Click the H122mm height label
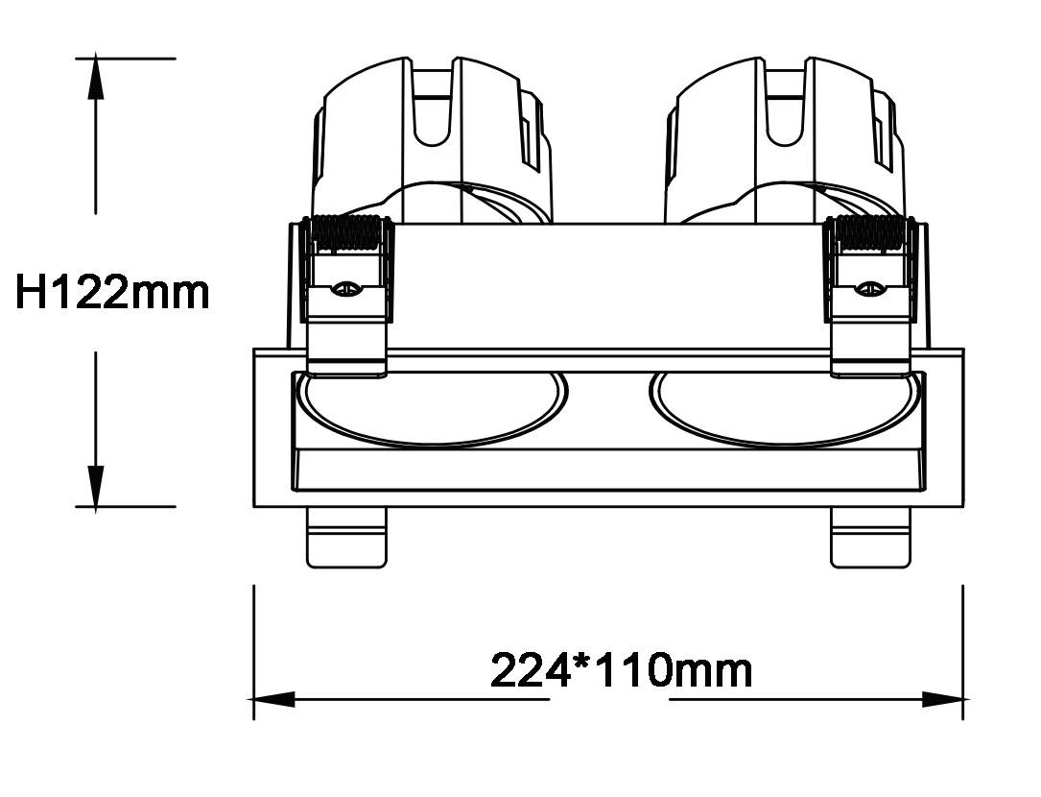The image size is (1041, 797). pos(112,293)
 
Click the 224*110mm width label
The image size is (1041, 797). pos(622,670)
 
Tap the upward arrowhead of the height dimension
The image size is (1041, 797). pos(96,77)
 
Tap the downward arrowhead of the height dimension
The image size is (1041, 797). pos(96,487)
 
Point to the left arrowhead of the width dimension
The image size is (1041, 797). pos(272,699)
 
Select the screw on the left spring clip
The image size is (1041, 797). pos(347,288)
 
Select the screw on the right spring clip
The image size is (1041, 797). pos(869,288)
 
